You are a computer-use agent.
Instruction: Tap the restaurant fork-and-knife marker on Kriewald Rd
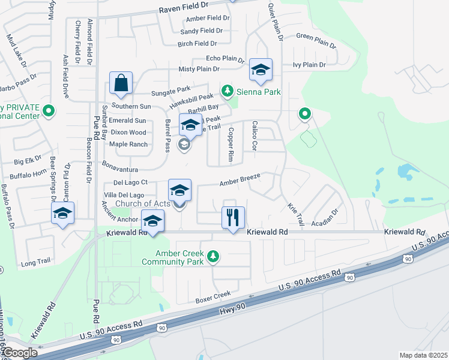[233, 217]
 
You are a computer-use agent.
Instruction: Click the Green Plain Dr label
[316, 40]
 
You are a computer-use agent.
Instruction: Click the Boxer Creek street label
[213, 295]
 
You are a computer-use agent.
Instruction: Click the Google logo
[19, 353]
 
